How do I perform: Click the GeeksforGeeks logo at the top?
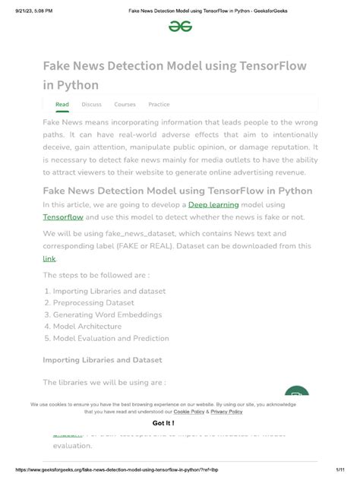coord(180,26)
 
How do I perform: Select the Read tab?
coord(62,105)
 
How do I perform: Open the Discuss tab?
coord(91,105)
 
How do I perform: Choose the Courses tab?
coord(125,105)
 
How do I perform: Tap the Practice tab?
coord(159,105)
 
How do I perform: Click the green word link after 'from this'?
coord(49,259)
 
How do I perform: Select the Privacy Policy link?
coord(226,412)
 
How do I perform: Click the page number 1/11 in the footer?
coord(343,472)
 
